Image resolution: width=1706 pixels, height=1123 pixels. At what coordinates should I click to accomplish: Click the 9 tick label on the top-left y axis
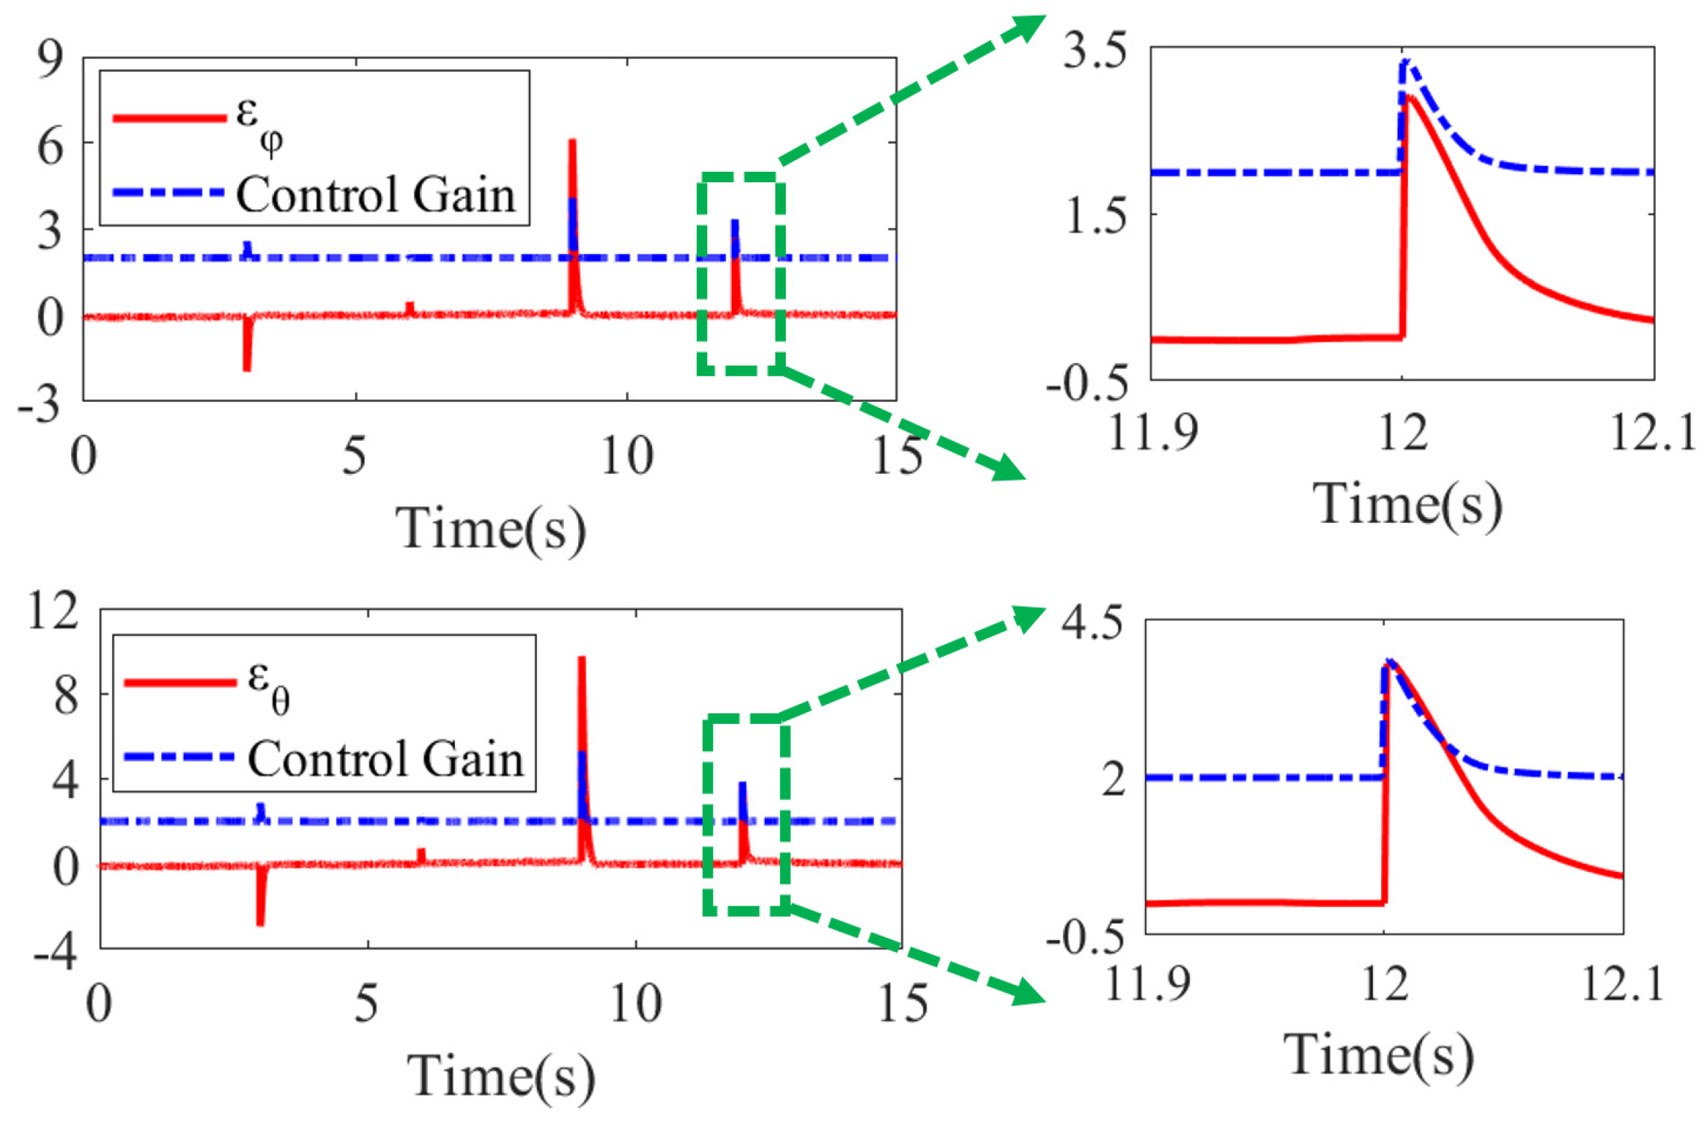point(51,60)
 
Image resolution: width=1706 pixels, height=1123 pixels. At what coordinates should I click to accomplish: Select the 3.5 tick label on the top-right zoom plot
point(1096,54)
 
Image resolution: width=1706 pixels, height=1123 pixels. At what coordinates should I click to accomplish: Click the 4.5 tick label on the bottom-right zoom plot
point(1092,622)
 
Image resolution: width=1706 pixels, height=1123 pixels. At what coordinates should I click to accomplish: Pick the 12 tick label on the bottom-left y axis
point(52,610)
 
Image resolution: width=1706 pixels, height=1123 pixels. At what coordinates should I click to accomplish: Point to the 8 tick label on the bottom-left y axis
point(66,696)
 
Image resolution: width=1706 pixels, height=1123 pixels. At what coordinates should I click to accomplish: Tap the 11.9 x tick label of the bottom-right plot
point(1147,984)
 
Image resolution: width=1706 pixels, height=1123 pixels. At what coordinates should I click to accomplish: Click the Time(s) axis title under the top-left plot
point(490,529)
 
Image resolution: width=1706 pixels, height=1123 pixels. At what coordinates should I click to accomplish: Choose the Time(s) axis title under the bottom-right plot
point(1379,1056)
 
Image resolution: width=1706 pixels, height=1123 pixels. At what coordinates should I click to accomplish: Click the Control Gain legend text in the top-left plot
point(376,195)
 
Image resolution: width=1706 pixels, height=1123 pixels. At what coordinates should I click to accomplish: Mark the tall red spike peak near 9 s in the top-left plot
point(572,142)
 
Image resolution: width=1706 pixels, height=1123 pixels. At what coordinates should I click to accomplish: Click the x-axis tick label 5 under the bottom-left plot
point(366,1005)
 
